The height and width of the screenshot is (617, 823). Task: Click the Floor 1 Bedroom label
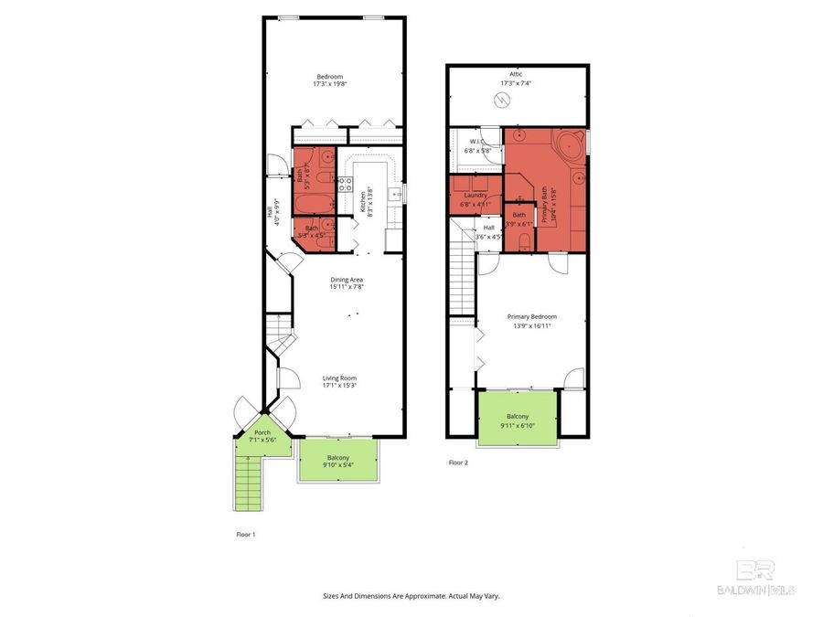tap(328, 76)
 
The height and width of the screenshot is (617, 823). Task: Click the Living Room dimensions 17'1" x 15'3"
tap(338, 386)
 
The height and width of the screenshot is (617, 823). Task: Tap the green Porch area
tap(263, 436)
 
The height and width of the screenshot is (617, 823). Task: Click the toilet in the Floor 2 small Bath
tap(521, 240)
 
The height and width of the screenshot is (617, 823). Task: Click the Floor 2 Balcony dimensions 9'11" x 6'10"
tap(518, 426)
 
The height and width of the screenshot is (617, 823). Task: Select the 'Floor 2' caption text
tap(458, 463)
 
